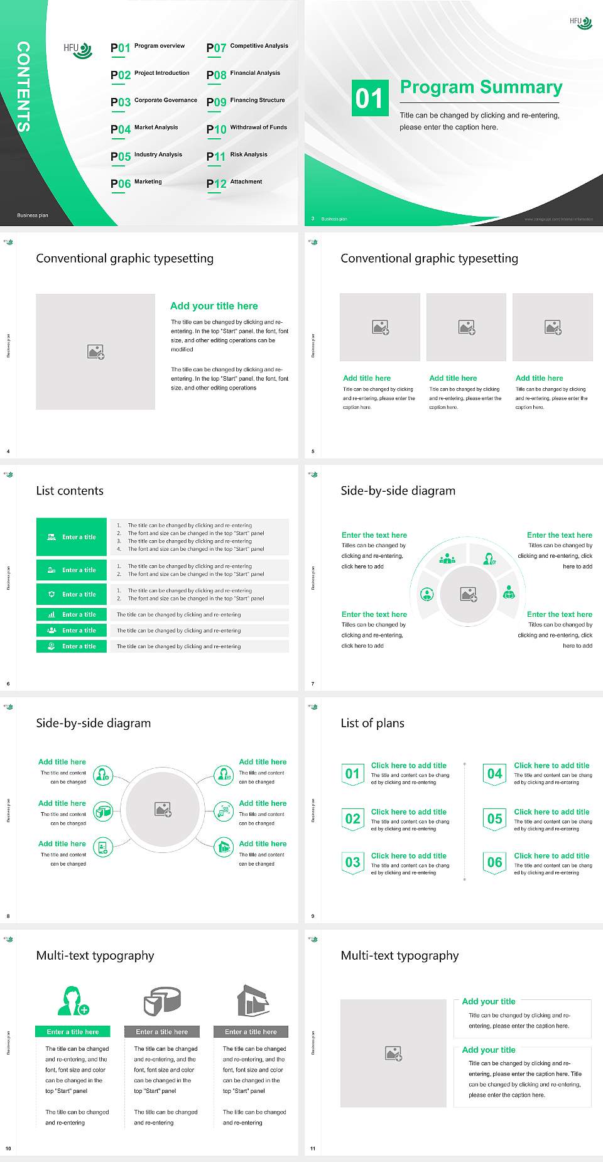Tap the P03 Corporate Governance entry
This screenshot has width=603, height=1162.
pos(153,101)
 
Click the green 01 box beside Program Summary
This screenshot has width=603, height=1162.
pos(369,98)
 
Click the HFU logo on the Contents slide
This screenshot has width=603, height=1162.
pos(78,50)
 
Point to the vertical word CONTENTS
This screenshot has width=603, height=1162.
pos(23,86)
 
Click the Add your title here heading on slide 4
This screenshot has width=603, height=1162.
pos(214,306)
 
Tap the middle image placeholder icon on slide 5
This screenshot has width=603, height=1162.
pos(466,327)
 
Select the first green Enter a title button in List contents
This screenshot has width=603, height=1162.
pos(72,537)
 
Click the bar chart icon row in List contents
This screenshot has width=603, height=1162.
pos(72,614)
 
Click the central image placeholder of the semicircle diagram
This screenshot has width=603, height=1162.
pos(469,594)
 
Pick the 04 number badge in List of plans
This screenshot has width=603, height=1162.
pos(494,774)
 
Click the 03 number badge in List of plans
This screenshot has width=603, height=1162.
pos(352,862)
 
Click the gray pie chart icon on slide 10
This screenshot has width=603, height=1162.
pos(162,1001)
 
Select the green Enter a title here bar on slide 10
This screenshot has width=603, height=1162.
pos(73,1031)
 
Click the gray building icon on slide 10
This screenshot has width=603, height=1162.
pos(253,1001)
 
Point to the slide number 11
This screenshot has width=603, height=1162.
pos(313,1149)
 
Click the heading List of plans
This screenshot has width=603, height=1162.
pos(372,723)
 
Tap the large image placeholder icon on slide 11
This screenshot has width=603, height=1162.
pos(393,1053)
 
